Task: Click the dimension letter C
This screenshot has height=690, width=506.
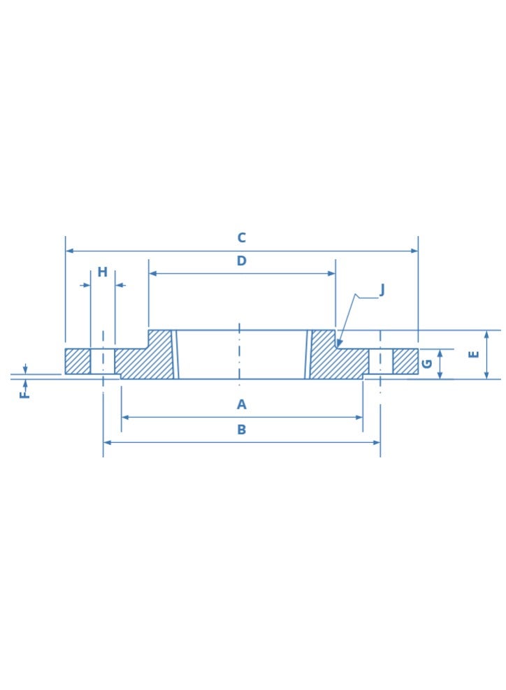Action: (x=241, y=238)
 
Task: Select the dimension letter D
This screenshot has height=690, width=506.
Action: (x=241, y=261)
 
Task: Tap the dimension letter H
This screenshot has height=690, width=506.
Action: (x=102, y=272)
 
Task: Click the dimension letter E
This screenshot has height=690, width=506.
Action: (x=474, y=354)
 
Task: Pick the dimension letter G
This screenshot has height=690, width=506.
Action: (x=427, y=364)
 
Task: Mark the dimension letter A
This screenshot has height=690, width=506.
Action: (x=241, y=404)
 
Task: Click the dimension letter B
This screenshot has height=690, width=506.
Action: (x=241, y=430)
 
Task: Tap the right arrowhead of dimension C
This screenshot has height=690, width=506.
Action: (x=414, y=251)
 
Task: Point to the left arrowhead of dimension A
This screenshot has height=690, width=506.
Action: (x=125, y=418)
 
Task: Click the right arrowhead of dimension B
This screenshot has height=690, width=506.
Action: (x=377, y=442)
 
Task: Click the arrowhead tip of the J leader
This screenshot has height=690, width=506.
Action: (x=338, y=345)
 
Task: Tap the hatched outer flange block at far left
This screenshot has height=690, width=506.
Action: (x=78, y=361)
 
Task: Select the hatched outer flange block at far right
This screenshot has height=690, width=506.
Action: (x=405, y=361)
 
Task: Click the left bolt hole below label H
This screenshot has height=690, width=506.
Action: (x=103, y=361)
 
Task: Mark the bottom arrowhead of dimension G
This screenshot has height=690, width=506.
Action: (x=440, y=375)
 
